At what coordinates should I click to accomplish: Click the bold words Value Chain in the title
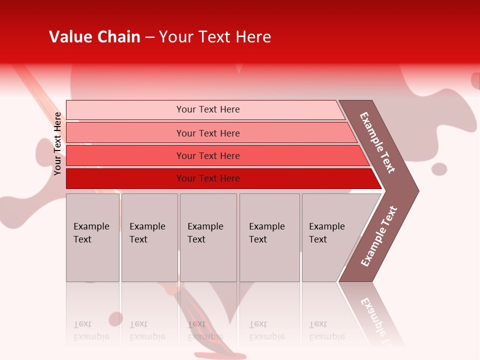(94, 37)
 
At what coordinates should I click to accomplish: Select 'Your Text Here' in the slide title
(215, 37)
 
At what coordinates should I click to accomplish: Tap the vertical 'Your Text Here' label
(57, 143)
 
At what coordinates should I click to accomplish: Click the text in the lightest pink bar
(208, 109)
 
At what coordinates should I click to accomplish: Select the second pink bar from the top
(208, 133)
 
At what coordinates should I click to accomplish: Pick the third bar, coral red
(208, 156)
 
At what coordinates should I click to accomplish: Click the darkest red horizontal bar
(208, 178)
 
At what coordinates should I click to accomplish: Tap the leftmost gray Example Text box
(92, 237)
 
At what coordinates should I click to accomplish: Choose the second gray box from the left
(149, 237)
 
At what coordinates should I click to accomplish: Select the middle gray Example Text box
(208, 237)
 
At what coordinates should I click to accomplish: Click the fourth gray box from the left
(269, 237)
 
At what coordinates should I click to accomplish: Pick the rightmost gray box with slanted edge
(330, 237)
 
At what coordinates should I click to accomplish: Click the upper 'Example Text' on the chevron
(377, 142)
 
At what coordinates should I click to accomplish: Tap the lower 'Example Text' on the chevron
(379, 236)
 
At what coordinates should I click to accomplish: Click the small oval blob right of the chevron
(439, 169)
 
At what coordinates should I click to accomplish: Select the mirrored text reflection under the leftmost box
(91, 330)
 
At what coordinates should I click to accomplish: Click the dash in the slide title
(149, 37)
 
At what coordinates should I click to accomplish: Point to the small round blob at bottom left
(115, 318)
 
